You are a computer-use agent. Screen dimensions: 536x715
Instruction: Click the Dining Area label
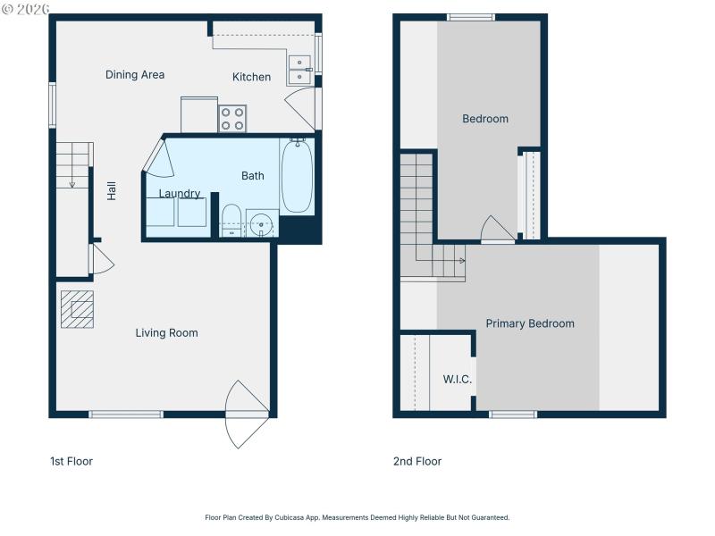135,75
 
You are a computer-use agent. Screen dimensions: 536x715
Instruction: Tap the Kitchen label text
251,77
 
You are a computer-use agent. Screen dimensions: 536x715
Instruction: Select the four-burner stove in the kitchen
232,119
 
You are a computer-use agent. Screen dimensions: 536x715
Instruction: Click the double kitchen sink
299,70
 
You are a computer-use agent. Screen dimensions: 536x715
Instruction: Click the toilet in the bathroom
231,219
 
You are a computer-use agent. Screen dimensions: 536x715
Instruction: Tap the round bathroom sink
262,223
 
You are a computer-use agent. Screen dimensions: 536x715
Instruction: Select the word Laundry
180,194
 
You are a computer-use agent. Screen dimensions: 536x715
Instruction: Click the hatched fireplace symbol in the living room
78,309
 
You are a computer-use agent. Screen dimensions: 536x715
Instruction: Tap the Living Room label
166,333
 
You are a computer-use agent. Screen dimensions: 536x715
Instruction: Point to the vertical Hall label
113,190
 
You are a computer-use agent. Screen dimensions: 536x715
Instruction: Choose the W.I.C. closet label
458,380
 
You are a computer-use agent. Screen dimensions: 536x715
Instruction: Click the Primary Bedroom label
530,323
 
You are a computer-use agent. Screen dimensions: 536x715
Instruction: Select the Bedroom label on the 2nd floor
485,119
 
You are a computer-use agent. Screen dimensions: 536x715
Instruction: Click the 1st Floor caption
71,462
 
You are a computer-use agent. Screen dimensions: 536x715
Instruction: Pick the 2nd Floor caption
417,462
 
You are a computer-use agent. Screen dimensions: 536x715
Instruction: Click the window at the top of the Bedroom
471,17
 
